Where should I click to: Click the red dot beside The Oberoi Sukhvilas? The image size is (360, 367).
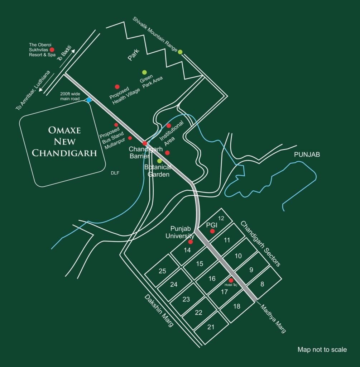pos(52,50)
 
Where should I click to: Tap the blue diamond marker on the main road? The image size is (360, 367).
pos(89,100)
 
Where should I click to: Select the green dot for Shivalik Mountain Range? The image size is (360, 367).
pos(180,52)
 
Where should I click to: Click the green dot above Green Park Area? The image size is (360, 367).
pos(144,72)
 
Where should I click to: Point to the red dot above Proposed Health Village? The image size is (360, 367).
pos(117,87)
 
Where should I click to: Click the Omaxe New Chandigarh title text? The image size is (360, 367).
pos(64,141)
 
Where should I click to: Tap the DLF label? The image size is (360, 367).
pos(115,173)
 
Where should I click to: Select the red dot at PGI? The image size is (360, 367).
pos(212,231)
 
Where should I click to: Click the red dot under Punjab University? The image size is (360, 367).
pos(191,242)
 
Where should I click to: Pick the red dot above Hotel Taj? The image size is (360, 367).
pos(231,280)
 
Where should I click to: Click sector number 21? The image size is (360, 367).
pos(211,327)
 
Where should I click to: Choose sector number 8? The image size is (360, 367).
pos(262,284)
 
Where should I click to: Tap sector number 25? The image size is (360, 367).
pos(162,271)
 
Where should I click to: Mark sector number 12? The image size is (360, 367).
pos(221,218)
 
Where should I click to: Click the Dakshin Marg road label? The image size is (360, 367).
pos(158,310)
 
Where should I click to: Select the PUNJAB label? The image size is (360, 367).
pos(307,155)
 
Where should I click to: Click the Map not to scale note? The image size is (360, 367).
pos(322,349)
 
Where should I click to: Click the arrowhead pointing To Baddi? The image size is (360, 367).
pos(74,51)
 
